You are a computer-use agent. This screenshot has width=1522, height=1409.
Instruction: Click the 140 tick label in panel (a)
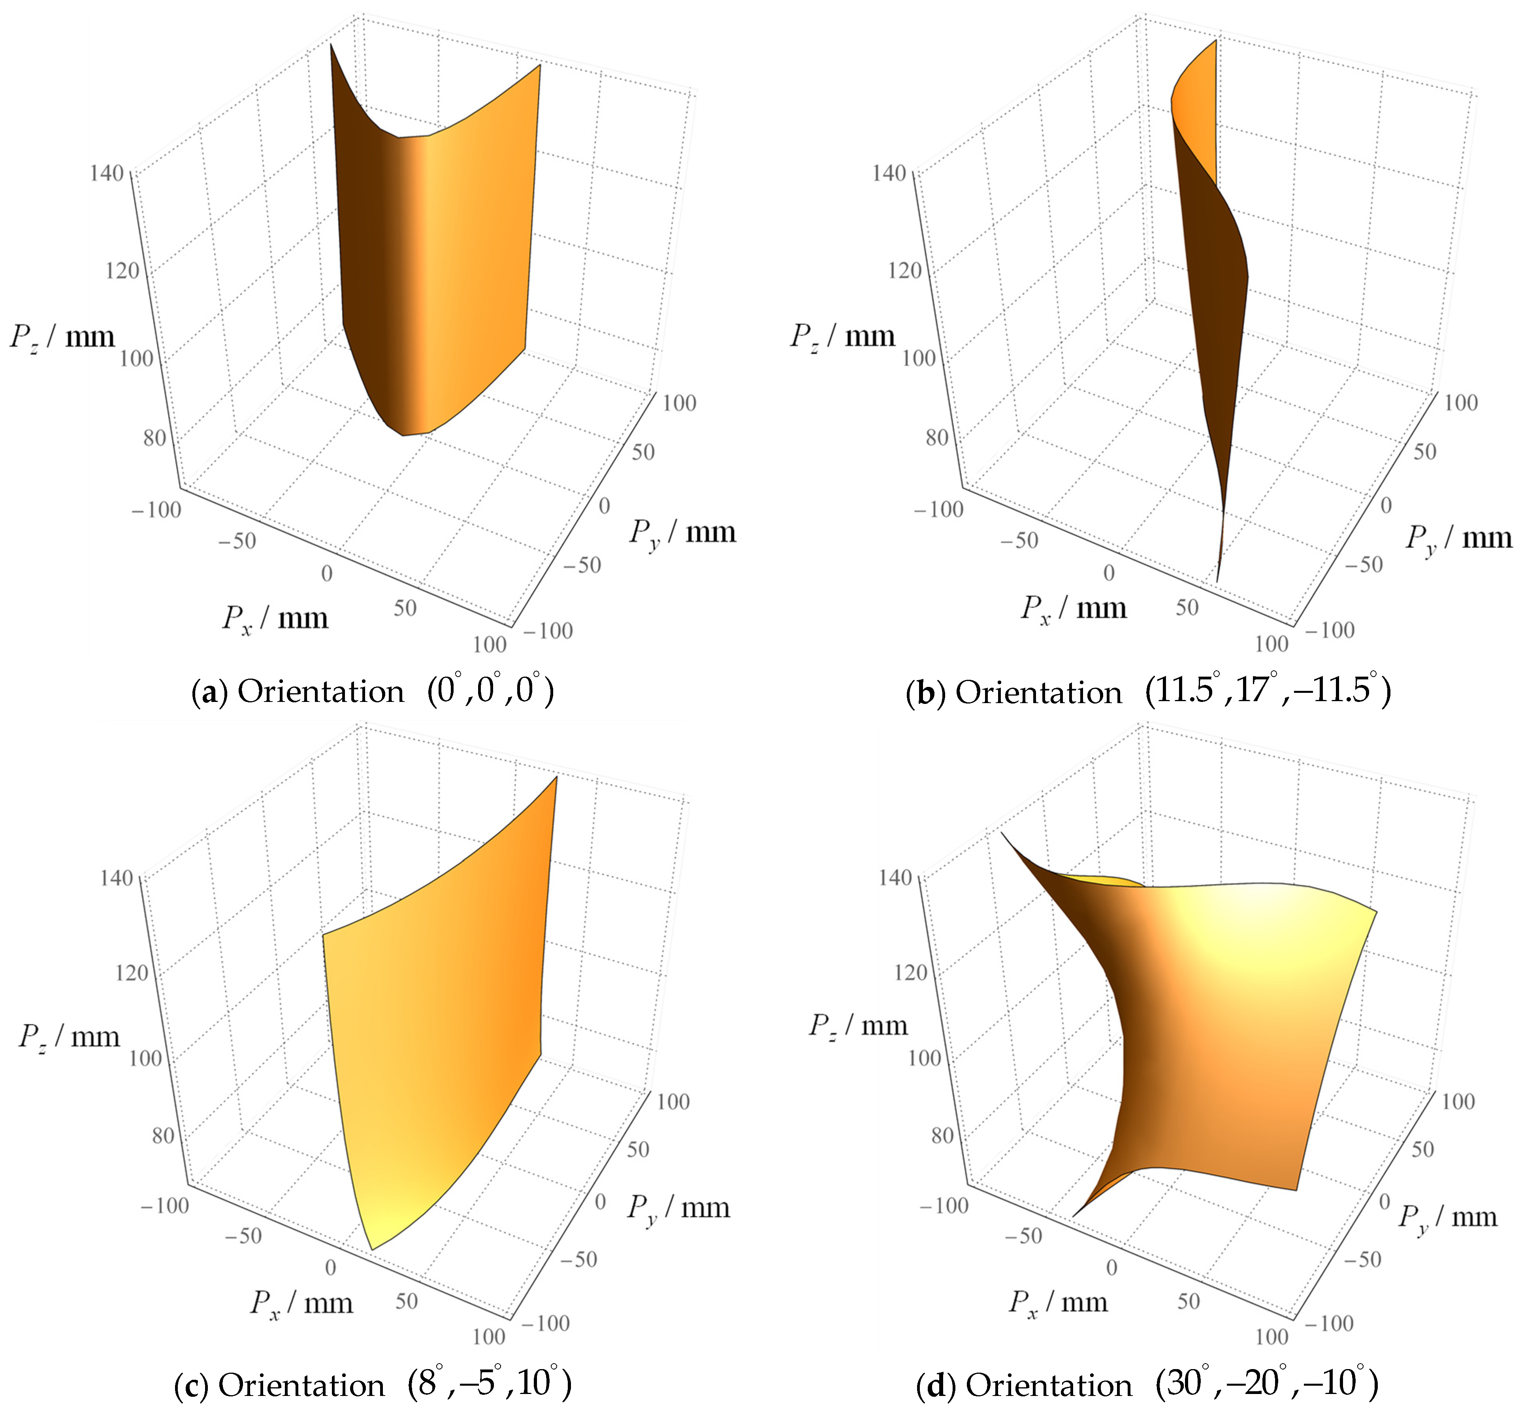tap(106, 173)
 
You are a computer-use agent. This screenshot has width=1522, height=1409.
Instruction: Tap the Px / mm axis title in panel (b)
tap(1073, 608)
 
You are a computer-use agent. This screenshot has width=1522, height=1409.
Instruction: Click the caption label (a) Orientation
tap(297, 692)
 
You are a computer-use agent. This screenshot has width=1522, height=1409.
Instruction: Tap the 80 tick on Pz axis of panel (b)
tap(937, 438)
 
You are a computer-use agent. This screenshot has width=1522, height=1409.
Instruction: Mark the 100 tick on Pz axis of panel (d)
tap(925, 1058)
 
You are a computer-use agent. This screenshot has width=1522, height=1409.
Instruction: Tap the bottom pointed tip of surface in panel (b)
tap(1217, 582)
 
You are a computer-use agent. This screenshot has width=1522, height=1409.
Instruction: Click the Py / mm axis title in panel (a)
tap(682, 532)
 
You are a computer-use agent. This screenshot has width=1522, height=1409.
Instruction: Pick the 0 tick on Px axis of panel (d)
tap(1111, 1267)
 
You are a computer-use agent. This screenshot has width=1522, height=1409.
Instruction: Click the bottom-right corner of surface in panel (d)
tap(1296, 1189)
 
